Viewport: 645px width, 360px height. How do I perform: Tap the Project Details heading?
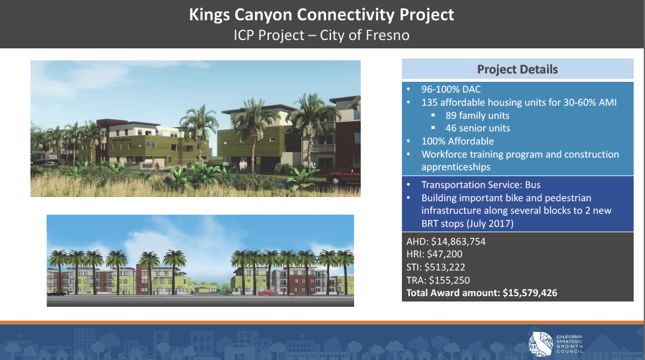point(517,69)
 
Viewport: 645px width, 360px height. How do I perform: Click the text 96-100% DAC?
point(451,90)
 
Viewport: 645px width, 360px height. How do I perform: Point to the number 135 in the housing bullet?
point(429,103)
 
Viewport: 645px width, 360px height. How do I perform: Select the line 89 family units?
point(478,116)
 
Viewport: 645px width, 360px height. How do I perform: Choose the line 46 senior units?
point(478,128)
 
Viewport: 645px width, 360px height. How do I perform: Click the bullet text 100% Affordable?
point(458,141)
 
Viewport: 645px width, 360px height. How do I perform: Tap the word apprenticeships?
point(456,167)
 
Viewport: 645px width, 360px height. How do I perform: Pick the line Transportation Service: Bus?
point(481,184)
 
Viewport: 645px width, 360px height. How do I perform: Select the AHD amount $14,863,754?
point(458,242)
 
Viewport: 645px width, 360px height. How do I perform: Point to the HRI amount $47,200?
point(445,254)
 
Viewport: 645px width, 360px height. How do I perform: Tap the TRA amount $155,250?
point(449,280)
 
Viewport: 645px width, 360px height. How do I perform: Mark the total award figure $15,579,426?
point(530,293)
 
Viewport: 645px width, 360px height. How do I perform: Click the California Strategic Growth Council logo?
point(555,343)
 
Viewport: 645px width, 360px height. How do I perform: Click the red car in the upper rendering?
point(344,176)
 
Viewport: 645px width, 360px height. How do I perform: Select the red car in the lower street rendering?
point(267,293)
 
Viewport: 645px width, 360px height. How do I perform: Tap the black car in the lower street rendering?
point(56,293)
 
